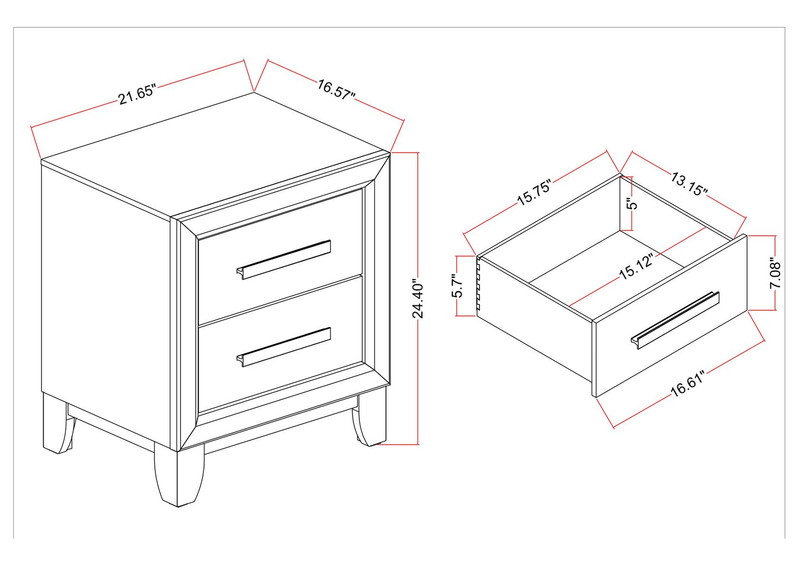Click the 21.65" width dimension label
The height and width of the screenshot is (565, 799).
point(137,94)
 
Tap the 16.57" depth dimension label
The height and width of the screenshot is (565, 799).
point(336,90)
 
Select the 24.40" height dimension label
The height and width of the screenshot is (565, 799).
point(417,298)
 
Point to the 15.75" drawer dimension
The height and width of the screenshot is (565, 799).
point(535,193)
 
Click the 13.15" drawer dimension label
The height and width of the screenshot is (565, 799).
point(689,184)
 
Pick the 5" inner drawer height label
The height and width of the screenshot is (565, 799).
point(633,204)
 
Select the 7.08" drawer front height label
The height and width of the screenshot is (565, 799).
point(775,273)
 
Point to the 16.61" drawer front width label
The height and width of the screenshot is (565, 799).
point(687,383)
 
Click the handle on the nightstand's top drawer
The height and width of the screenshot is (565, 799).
point(284,260)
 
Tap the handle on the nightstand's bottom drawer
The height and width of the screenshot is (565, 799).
point(284,347)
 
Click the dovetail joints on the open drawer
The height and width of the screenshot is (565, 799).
point(478,286)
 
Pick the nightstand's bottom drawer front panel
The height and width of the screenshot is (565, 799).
point(280,344)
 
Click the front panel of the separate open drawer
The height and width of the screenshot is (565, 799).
point(670,316)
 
